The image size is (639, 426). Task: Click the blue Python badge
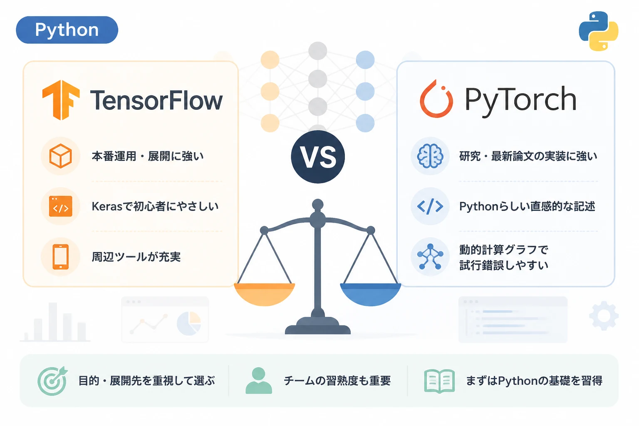(67, 30)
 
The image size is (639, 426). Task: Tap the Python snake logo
(599, 31)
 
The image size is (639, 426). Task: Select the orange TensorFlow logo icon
(61, 100)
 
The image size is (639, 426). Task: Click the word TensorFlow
(156, 100)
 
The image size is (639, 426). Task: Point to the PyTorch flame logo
(436, 99)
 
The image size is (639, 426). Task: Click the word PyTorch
(520, 100)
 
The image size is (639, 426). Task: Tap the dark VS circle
(318, 157)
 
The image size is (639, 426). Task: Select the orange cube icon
(60, 156)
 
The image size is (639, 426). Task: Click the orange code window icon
(60, 206)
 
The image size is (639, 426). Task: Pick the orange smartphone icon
(60, 257)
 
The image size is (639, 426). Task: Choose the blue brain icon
(430, 156)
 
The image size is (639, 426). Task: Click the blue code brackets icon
(430, 206)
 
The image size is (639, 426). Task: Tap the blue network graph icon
(430, 257)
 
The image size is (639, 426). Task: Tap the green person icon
(259, 381)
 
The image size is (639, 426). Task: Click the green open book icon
(439, 381)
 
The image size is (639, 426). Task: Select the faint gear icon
(604, 316)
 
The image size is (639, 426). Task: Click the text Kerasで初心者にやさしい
(155, 206)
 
